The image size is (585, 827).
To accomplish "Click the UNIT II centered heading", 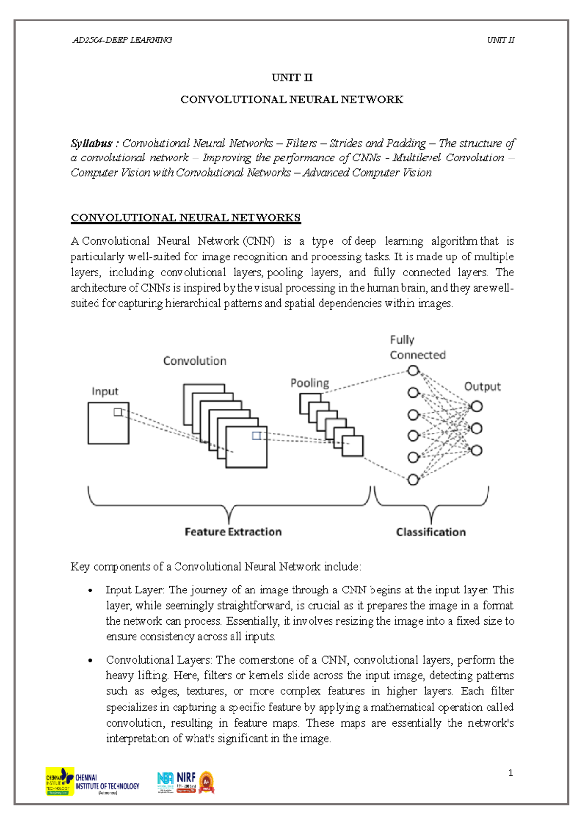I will click(x=292, y=78).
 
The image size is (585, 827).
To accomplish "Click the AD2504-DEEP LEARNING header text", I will click(x=122, y=40).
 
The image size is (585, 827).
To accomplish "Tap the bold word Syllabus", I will click(x=91, y=143).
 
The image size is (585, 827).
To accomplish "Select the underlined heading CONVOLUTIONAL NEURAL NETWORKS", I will click(x=185, y=217).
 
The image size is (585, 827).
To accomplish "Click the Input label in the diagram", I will click(x=105, y=392).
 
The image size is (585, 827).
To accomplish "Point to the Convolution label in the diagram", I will click(x=195, y=361).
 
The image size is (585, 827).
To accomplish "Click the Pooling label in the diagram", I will click(x=310, y=383).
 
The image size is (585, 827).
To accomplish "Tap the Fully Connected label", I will click(x=417, y=348).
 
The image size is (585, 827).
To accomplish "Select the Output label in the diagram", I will click(x=482, y=386).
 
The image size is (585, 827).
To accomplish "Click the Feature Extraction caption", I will click(x=233, y=532).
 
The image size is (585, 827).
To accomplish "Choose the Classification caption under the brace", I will click(x=430, y=532).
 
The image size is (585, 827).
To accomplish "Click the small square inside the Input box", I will click(x=117, y=412).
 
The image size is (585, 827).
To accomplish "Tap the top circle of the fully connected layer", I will click(x=413, y=371).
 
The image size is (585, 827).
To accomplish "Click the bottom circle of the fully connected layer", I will click(x=413, y=480).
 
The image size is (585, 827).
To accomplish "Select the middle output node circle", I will click(x=476, y=428).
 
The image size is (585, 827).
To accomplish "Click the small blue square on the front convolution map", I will click(x=256, y=435).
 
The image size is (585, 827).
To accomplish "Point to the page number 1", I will click(x=510, y=773).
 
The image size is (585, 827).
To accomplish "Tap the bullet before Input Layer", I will click(x=90, y=591).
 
